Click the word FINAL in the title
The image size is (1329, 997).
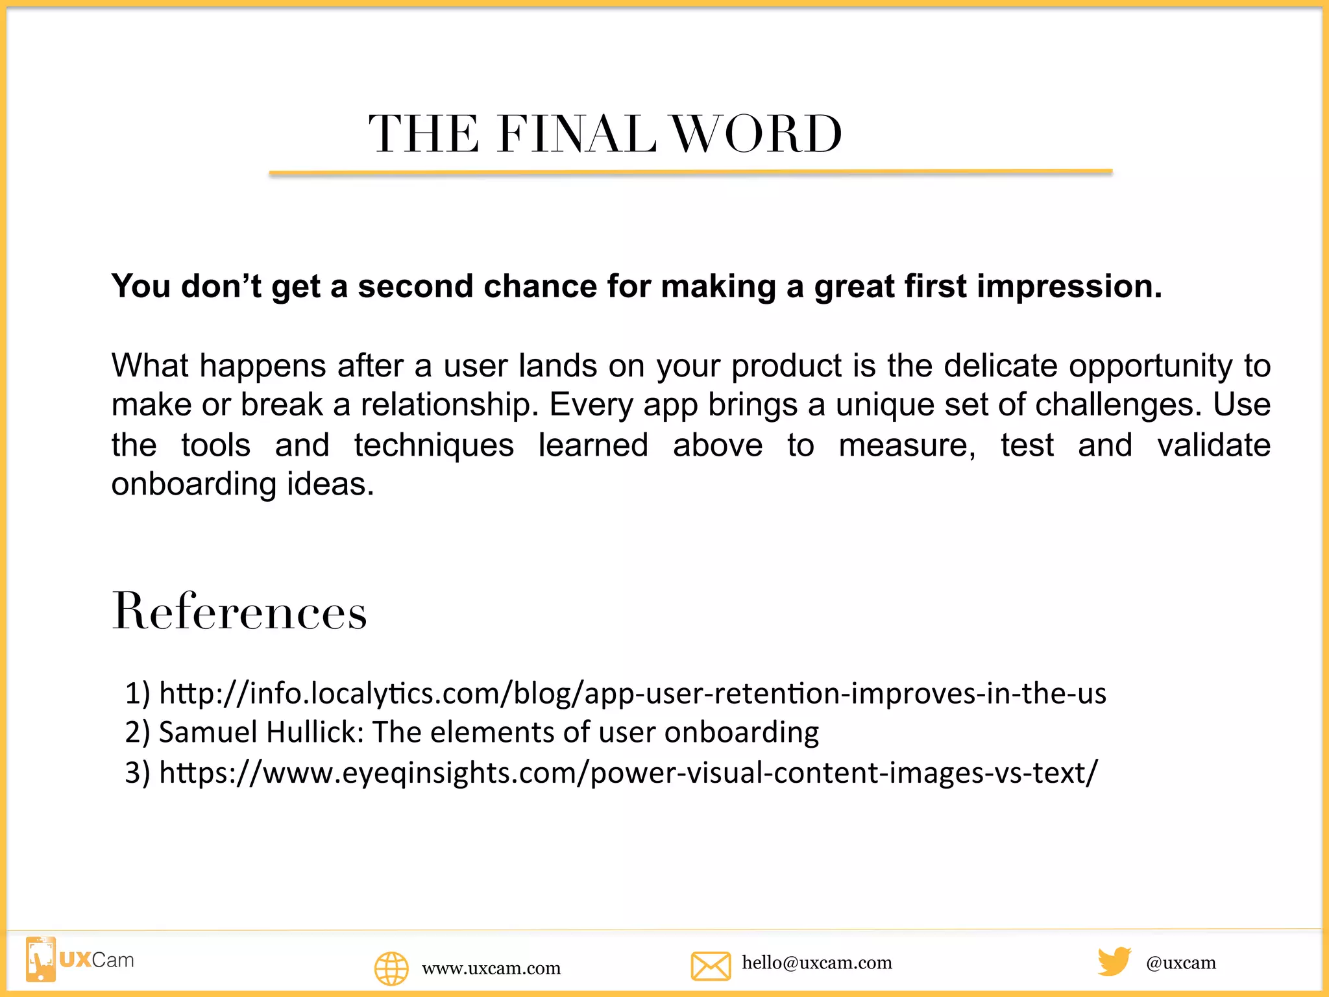point(576,134)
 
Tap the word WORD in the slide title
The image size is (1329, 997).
point(757,134)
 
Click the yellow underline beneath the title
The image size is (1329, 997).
point(690,173)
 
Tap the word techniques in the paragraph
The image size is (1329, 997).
point(434,445)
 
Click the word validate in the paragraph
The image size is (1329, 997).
point(1213,445)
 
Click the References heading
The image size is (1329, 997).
point(239,611)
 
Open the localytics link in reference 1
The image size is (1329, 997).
point(633,693)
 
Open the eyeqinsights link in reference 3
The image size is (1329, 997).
point(628,772)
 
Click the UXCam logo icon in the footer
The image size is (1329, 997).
point(41,959)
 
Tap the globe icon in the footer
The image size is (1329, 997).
point(391,968)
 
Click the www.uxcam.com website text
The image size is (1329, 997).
point(491,968)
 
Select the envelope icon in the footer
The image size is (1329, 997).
point(711,965)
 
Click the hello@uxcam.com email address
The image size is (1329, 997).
point(817,963)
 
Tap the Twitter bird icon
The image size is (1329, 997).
point(1114,961)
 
